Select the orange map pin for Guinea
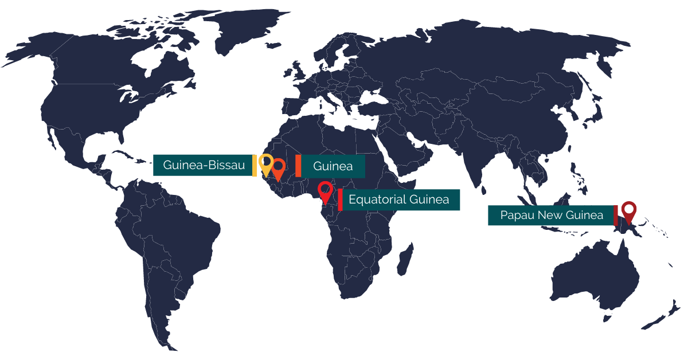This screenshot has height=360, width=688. (x=279, y=169)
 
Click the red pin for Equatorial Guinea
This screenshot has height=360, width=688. (x=326, y=191)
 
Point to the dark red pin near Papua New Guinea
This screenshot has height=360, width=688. (x=630, y=211)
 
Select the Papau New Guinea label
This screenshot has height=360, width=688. (x=551, y=215)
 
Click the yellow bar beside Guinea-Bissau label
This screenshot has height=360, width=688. (x=255, y=165)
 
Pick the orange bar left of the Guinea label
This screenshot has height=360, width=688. (x=298, y=166)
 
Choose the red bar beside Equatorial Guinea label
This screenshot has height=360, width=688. (x=340, y=199)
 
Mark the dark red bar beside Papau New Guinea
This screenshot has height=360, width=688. (x=616, y=215)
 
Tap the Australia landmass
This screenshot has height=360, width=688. (x=596, y=275)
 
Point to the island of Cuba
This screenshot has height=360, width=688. (x=123, y=154)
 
